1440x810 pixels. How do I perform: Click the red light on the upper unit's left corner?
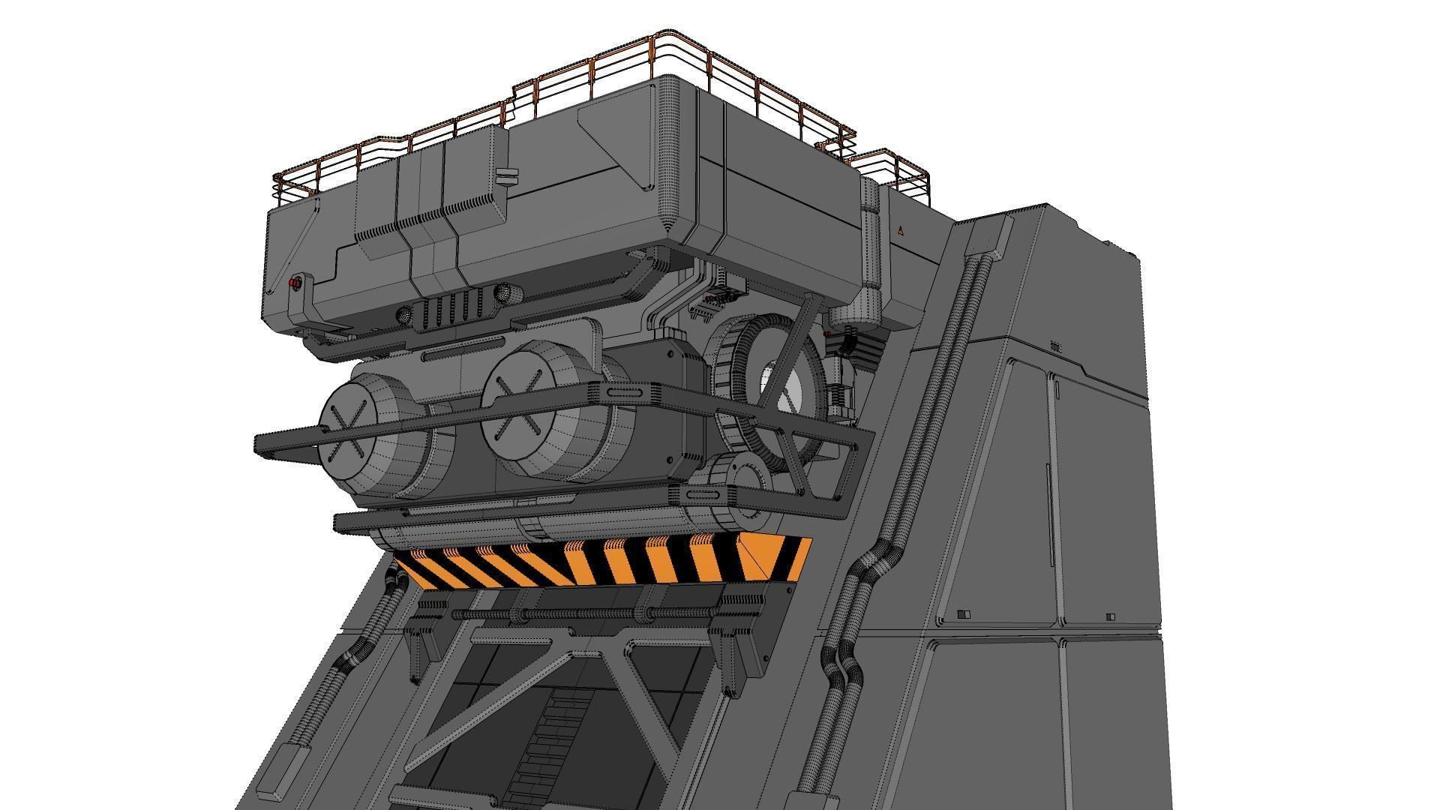click(295, 283)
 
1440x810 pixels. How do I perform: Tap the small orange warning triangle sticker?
click(900, 231)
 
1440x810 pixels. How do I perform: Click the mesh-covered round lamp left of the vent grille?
click(404, 316)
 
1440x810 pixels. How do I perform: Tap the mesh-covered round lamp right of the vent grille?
click(501, 291)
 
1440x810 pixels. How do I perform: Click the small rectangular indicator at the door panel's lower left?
click(964, 614)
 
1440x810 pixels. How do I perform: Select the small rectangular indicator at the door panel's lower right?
click(1110, 616)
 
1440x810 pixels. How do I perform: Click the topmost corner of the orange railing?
click(660, 34)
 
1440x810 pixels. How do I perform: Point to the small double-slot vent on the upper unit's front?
click(507, 176)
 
